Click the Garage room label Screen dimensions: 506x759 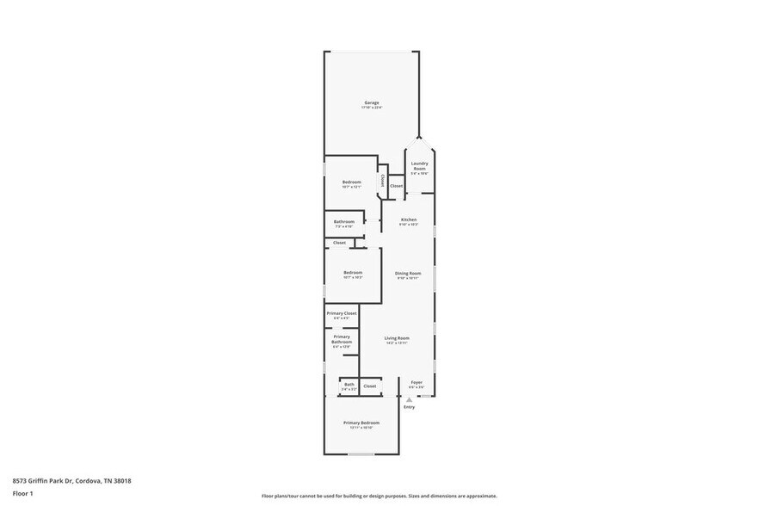coord(371,104)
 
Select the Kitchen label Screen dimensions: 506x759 coord(409,221)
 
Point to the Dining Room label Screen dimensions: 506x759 coord(408,275)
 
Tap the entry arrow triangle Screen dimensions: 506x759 coord(410,399)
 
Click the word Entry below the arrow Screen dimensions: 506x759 coord(410,407)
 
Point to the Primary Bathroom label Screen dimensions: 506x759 coord(342,341)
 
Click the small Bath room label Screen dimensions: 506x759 coord(349,386)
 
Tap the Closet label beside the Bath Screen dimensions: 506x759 coord(370,386)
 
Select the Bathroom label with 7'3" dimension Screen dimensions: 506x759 coord(344,223)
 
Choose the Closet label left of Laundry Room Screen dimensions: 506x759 coord(397,186)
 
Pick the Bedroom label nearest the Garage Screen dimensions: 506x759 coord(351,183)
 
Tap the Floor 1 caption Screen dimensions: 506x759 coord(23,493)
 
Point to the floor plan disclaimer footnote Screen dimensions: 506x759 coord(379,496)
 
